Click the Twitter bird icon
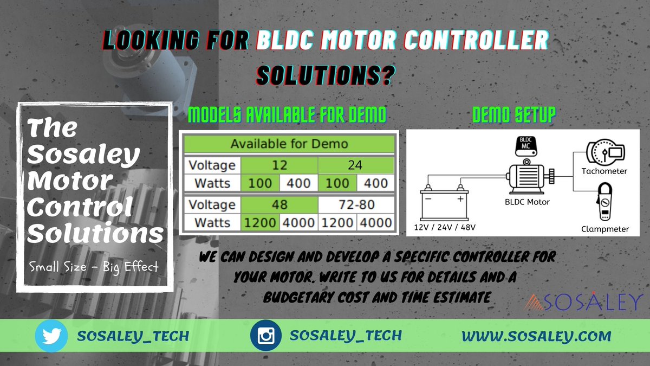pos(51,335)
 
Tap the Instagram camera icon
pos(265,335)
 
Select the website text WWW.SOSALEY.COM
pos(536,336)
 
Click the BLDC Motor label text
pos(526,202)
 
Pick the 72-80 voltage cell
pos(355,205)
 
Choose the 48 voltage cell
pos(279,205)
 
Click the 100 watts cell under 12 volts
pos(260,183)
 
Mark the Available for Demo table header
pos(289,144)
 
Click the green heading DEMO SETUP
pos(514,115)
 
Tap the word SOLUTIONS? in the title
pos(324,76)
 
